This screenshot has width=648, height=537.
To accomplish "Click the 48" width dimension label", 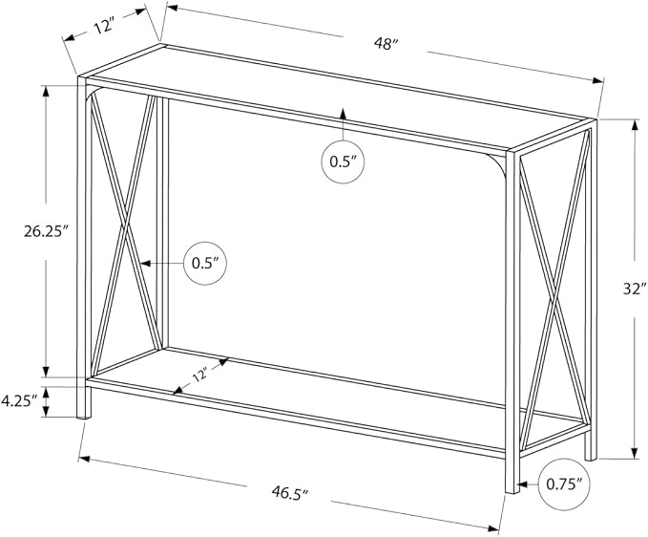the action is (386, 43).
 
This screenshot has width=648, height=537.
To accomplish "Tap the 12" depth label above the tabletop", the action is (104, 27).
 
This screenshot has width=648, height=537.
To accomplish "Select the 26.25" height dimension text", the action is (46, 231).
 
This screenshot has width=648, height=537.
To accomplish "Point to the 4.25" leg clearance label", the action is (19, 401).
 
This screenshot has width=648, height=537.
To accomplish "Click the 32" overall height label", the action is (636, 290).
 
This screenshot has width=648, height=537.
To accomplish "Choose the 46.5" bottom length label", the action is (290, 492).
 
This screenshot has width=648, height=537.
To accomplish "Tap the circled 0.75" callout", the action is (564, 483).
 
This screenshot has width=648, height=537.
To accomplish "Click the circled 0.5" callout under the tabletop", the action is (343, 161).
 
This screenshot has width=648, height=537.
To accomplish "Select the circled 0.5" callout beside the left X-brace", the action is (205, 263).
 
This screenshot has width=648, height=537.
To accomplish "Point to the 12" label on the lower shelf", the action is (199, 376).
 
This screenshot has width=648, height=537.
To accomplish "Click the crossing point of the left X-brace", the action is (125, 226).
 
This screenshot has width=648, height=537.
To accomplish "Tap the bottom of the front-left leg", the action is (84, 417).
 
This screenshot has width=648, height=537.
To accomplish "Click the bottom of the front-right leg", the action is (512, 491).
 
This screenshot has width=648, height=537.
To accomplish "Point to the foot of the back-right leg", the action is (591, 459).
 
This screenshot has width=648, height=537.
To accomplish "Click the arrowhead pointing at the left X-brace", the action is (145, 263).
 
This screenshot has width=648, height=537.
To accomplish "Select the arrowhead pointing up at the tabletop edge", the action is (343, 113).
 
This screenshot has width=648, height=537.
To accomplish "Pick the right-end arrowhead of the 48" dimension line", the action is (597, 80).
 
